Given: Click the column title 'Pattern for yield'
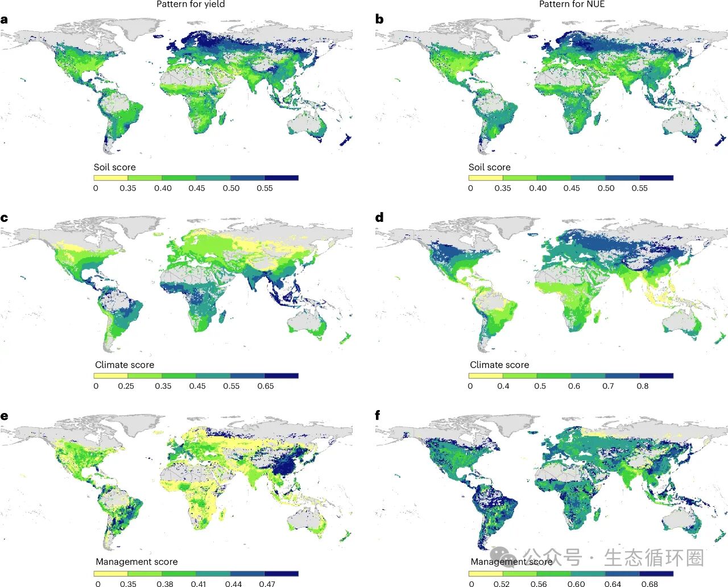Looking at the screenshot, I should click(x=191, y=5).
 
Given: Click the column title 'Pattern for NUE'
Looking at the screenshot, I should click(x=572, y=5).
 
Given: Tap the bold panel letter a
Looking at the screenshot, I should click(x=5, y=20).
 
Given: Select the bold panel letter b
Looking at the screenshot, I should click(x=379, y=19).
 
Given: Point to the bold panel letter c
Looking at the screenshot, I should click(x=5, y=218).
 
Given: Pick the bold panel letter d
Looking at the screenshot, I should click(x=379, y=217).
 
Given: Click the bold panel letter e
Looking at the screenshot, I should click(x=5, y=416).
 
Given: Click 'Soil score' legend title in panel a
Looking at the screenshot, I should click(x=114, y=167).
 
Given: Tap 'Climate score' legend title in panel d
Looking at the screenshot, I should click(x=499, y=365).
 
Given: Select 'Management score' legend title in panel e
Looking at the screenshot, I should click(x=136, y=561).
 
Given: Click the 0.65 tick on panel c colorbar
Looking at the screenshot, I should click(x=265, y=386).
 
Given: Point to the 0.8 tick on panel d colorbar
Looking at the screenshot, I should click(x=642, y=386).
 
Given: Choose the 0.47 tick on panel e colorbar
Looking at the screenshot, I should click(x=267, y=584).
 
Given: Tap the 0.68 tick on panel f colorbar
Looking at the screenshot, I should click(x=650, y=584).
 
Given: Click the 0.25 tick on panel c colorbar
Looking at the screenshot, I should click(x=126, y=386).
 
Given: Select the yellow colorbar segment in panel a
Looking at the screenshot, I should click(x=110, y=177).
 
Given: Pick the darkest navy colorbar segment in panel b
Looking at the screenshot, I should click(x=656, y=177).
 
